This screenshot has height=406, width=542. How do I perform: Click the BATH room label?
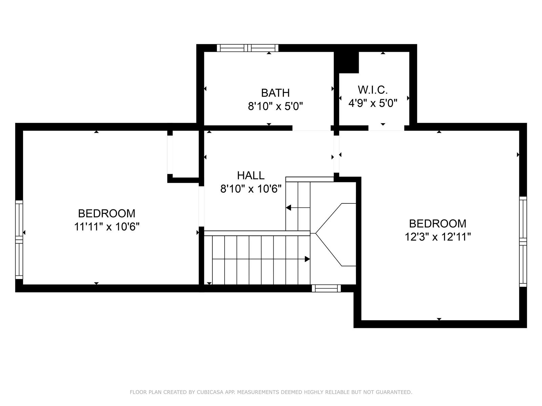[275, 93]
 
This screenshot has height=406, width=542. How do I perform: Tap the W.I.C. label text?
[373, 90]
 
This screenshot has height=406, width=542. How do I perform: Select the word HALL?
[251, 176]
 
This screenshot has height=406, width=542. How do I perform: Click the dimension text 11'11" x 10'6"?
[107, 227]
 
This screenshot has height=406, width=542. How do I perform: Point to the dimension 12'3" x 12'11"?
[438, 237]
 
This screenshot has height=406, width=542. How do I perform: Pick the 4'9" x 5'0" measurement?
[373, 103]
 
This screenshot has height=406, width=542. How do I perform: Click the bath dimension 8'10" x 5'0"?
[275, 107]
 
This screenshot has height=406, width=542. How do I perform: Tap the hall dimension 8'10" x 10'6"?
[251, 189]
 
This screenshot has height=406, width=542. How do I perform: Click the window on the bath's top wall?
[247, 48]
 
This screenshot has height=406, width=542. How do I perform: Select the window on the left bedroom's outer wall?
[19, 240]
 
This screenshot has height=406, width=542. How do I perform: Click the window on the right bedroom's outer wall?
[523, 242]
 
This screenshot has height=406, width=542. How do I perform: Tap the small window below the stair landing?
[326, 288]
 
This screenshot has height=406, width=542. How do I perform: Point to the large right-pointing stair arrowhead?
[307, 259]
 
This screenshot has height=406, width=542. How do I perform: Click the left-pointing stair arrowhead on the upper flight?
[288, 207]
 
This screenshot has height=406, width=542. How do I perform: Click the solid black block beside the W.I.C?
[346, 62]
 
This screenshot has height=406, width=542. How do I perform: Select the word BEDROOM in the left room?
[107, 213]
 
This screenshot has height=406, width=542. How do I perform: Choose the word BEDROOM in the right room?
[438, 224]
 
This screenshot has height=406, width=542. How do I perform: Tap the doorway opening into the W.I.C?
[386, 128]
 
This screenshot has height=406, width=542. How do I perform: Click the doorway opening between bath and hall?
[311, 128]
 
